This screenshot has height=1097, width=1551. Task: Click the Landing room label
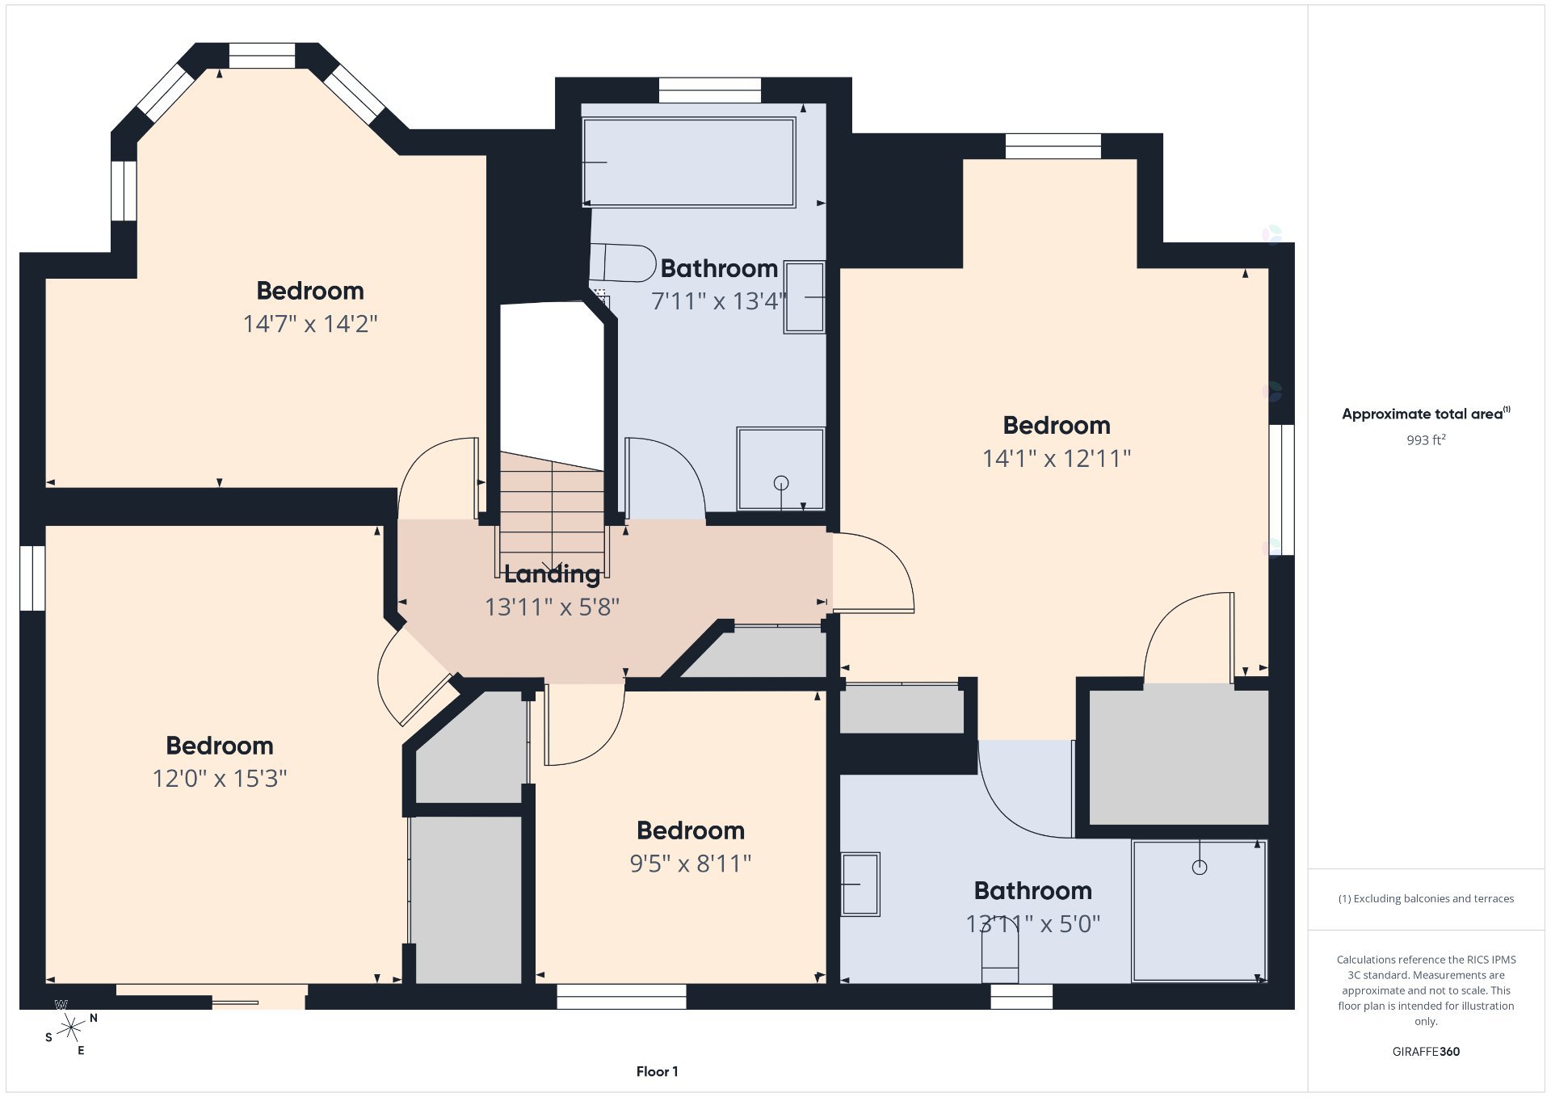(x=552, y=574)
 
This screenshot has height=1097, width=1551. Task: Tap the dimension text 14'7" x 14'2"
(x=310, y=324)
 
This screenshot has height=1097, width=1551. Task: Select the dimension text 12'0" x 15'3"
(x=220, y=779)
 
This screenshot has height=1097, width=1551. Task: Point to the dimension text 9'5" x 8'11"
(x=691, y=864)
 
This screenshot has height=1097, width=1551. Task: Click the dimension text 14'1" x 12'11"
(x=1057, y=459)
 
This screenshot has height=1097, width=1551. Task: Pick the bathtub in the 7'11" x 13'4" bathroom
(x=689, y=162)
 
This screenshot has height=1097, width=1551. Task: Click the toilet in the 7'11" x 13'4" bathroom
(x=622, y=263)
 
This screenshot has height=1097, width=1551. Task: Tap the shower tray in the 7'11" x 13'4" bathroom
(x=780, y=469)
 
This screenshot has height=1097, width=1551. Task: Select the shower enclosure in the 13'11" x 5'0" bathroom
(x=1200, y=911)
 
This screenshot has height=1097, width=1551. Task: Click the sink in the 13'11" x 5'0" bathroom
(x=860, y=884)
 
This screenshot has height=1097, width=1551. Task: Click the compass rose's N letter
(x=94, y=1019)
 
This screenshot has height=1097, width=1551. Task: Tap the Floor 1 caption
(x=658, y=1072)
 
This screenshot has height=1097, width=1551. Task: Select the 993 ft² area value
(x=1426, y=440)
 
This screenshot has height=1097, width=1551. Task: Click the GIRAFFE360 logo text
(x=1426, y=1052)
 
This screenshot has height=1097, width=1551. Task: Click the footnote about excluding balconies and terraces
(x=1426, y=898)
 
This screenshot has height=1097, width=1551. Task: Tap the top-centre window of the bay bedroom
(x=262, y=56)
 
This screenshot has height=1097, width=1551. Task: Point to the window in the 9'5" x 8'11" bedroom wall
(x=621, y=997)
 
